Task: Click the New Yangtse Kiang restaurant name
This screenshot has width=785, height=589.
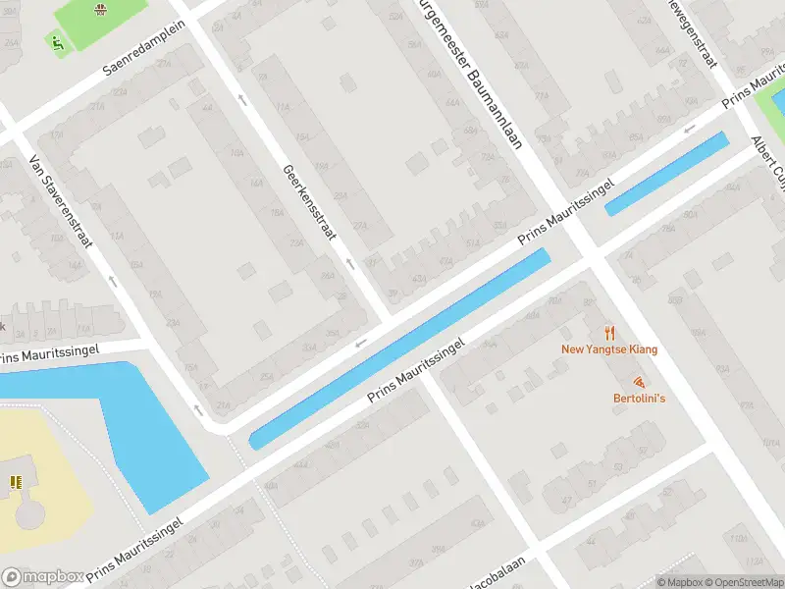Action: (x=609, y=349)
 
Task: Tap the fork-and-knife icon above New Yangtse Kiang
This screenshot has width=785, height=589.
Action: (x=609, y=333)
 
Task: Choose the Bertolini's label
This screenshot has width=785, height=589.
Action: (x=639, y=398)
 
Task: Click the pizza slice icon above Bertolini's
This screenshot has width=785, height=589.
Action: (x=639, y=381)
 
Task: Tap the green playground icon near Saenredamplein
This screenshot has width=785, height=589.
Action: (x=57, y=42)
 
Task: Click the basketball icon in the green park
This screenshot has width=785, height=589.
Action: (x=100, y=10)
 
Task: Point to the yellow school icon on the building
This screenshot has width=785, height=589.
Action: (x=15, y=481)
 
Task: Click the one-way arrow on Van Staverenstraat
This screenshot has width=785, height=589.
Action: (x=113, y=281)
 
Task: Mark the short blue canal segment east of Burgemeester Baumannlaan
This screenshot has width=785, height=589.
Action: (x=666, y=174)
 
